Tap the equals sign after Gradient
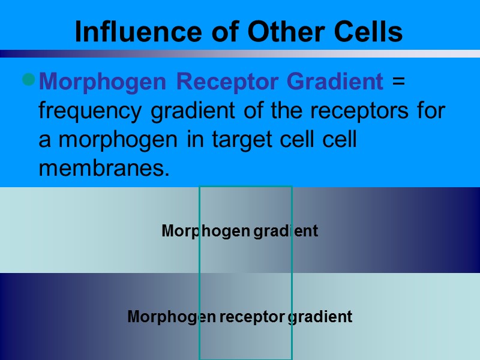[398, 82]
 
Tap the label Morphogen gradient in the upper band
[239, 231]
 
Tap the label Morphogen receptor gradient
[239, 317]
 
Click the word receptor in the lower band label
[251, 317]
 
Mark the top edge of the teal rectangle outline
[245, 187]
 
